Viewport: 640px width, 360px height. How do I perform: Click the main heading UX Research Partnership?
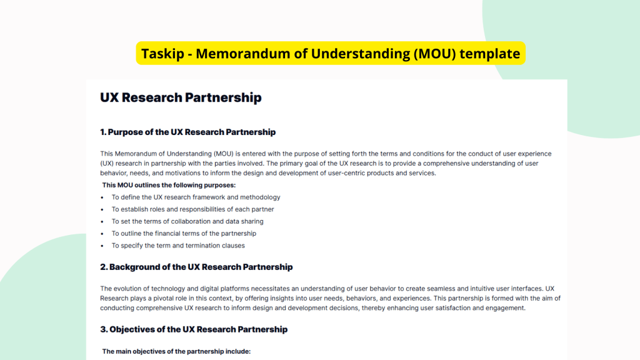point(181,98)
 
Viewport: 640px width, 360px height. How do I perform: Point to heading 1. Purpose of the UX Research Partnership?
point(188,132)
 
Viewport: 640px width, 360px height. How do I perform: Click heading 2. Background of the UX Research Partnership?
point(196,267)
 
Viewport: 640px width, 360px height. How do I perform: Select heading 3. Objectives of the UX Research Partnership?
point(194,329)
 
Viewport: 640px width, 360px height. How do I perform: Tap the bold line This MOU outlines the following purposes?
point(168,185)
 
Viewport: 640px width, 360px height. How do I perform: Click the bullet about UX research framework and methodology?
point(196,197)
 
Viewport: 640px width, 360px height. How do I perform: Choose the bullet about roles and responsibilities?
point(192,209)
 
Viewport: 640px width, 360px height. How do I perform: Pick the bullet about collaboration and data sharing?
point(187,221)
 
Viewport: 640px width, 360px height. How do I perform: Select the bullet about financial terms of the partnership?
point(184,233)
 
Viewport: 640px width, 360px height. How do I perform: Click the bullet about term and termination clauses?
point(178,246)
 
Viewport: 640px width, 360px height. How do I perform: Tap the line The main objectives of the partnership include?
point(176,351)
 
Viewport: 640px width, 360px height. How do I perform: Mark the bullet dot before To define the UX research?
point(102,197)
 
